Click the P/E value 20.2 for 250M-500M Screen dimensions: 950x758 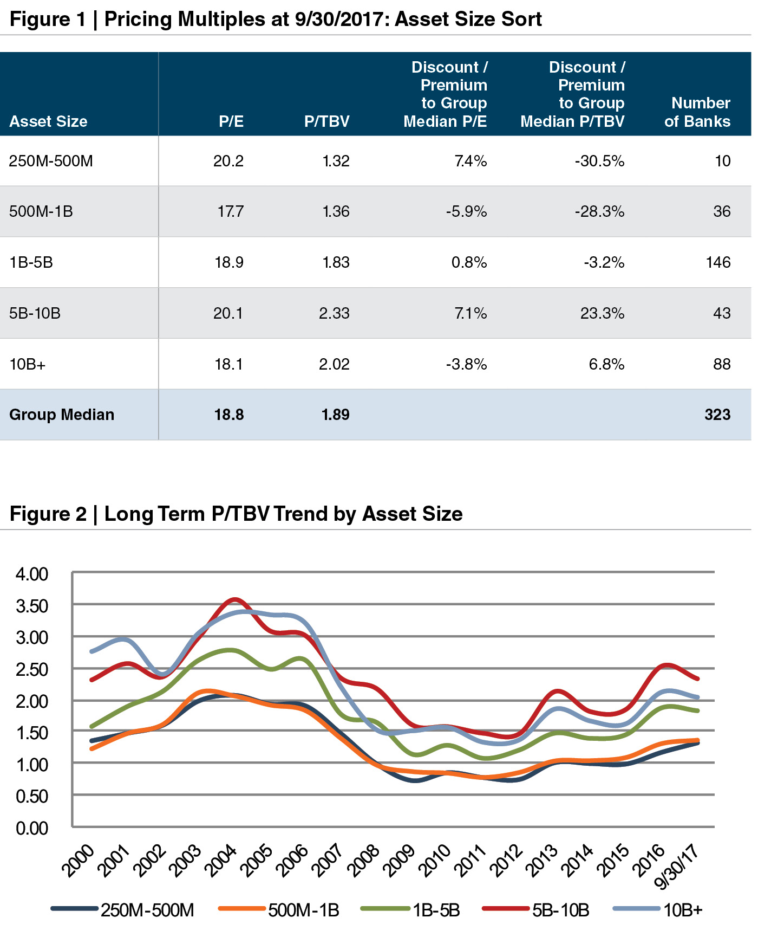pyautogui.click(x=228, y=161)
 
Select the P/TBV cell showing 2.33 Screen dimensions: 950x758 pyautogui.click(x=334, y=313)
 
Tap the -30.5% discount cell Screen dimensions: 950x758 pyautogui.click(x=599, y=161)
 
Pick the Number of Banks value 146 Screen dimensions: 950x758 pyautogui.click(x=718, y=262)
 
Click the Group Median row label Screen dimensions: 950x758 pyautogui.click(x=62, y=415)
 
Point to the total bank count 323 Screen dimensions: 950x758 pyautogui.click(x=717, y=415)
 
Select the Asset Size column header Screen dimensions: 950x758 pyautogui.click(x=48, y=121)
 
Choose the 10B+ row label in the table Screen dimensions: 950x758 pyautogui.click(x=27, y=364)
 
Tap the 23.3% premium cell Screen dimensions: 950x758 pyautogui.click(x=602, y=313)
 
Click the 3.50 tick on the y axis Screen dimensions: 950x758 pyautogui.click(x=32, y=606)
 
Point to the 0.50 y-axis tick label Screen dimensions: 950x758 pyautogui.click(x=32, y=796)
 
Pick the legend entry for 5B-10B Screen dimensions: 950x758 pyautogui.click(x=560, y=910)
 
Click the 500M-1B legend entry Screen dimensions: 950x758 pyautogui.click(x=303, y=910)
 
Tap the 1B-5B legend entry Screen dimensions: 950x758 pyautogui.click(x=436, y=910)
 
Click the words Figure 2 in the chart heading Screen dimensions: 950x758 pyautogui.click(x=48, y=514)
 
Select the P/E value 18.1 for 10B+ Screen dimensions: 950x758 pyautogui.click(x=228, y=364)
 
